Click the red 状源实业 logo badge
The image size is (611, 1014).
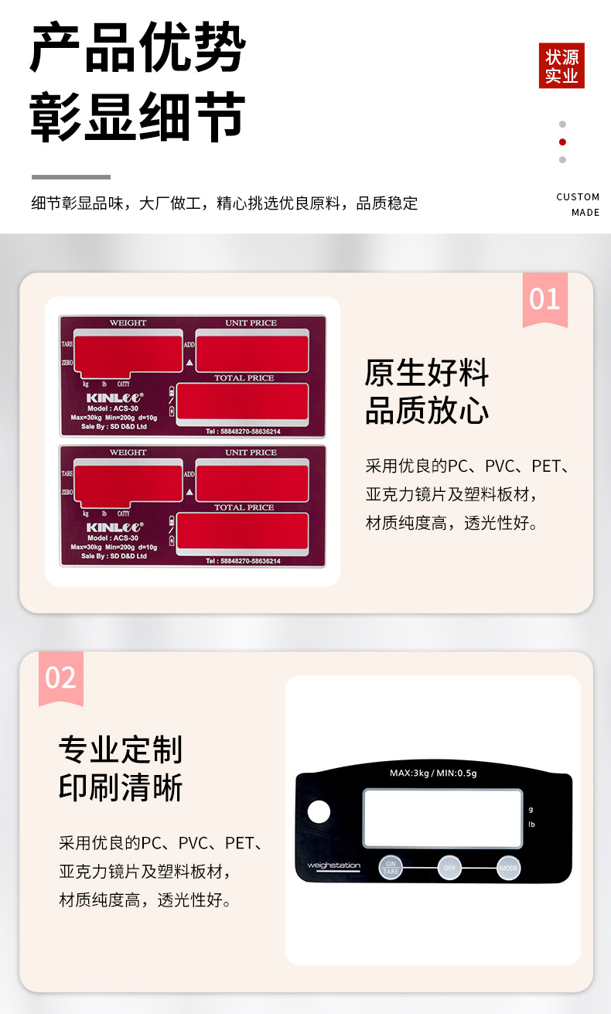pos(562,66)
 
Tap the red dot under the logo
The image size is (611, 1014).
pos(562,142)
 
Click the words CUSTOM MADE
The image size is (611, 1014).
pos(578,204)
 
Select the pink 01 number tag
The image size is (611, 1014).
pos(544,299)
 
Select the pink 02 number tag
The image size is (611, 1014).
pos(60,678)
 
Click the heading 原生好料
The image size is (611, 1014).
pos(427,373)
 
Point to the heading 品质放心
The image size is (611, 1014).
pos(427,411)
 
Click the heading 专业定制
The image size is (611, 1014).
pos(121,749)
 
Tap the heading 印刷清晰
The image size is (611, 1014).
pos(121,788)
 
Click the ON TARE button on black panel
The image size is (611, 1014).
pos(391,867)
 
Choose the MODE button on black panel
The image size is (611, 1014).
pos(508,868)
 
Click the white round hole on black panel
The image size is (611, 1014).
pos(319,812)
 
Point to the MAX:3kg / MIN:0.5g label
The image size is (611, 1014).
pos(433,773)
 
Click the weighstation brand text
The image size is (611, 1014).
pos(333,865)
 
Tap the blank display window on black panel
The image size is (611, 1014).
pos(442,818)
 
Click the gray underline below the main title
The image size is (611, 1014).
pos(71,177)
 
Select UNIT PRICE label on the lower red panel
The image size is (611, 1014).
pos(251,452)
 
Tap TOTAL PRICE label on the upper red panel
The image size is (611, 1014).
pos(244,378)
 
